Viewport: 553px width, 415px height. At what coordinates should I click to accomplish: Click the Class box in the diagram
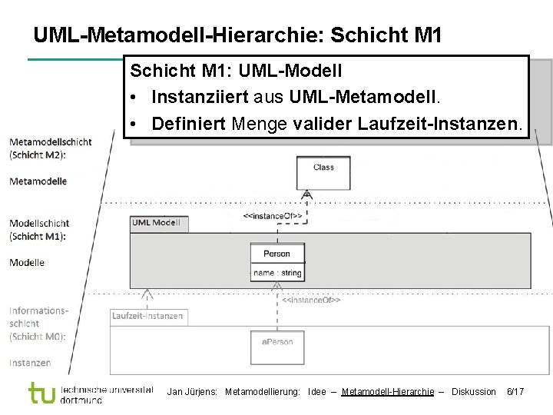[x=323, y=172]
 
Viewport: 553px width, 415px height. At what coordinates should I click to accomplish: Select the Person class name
[x=277, y=254]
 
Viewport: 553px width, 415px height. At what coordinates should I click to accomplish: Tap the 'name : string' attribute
[x=277, y=273]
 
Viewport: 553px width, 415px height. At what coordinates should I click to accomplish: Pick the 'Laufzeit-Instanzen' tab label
[x=147, y=316]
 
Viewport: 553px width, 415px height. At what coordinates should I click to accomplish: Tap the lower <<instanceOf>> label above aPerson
[x=310, y=300]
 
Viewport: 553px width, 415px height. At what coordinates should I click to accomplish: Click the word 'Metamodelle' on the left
[x=38, y=181]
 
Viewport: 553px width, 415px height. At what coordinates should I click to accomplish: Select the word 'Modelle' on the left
[x=27, y=263]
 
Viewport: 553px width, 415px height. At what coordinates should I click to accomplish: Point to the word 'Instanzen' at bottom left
[x=30, y=363]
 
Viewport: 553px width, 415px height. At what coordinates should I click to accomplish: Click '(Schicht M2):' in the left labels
[x=38, y=154]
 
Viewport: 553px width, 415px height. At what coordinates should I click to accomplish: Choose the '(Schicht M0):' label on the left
[x=38, y=337]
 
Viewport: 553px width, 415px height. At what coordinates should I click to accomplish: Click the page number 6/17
[x=515, y=392]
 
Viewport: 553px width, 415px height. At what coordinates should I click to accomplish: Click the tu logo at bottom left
[x=43, y=393]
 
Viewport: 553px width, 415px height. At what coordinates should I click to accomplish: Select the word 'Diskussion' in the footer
[x=474, y=392]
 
